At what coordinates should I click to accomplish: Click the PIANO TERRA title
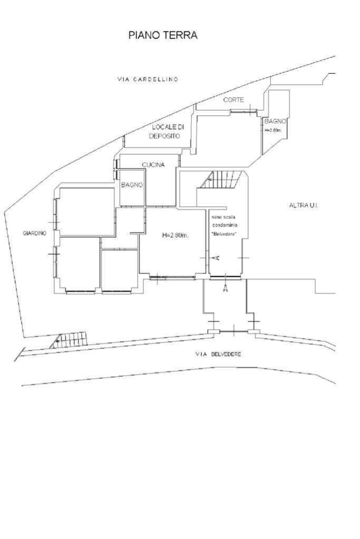click(163, 35)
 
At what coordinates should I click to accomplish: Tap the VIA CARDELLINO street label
click(148, 80)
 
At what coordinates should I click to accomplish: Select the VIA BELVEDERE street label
click(218, 354)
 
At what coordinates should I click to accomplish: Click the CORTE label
click(233, 100)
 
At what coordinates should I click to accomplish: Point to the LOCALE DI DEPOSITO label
click(166, 131)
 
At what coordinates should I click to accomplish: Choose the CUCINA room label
click(153, 165)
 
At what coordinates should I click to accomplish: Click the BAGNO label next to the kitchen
click(132, 185)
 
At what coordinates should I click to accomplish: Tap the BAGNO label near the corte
click(275, 121)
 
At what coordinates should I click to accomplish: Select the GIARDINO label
click(34, 233)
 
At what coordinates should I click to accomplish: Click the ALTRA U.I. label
click(304, 205)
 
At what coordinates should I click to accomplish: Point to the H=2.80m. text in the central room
click(175, 235)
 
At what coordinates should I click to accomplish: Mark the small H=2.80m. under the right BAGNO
click(273, 130)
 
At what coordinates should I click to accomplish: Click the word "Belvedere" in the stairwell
click(225, 233)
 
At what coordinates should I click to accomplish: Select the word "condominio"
click(225, 225)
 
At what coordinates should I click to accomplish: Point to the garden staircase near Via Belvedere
click(69, 340)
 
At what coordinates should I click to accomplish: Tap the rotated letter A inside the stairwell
click(216, 258)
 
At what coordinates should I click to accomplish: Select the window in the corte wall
click(244, 111)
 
